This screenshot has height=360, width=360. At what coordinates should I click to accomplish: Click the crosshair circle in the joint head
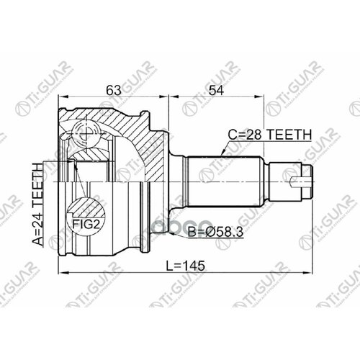click(x=86, y=134)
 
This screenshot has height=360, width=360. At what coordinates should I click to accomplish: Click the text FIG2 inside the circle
click(x=86, y=225)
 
